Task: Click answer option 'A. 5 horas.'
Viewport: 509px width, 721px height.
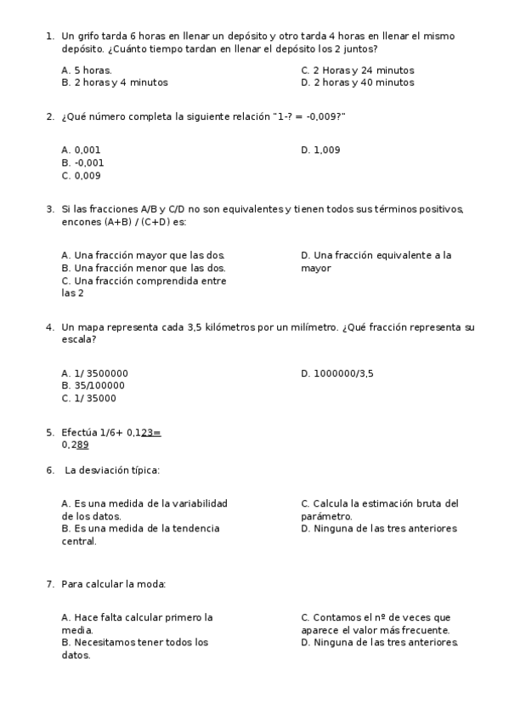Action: coord(87,71)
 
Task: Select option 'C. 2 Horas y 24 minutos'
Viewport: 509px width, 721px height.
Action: coord(358,71)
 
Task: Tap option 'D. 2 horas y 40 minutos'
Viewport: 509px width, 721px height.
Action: coord(358,82)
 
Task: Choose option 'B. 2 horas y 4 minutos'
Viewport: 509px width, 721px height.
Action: coord(115,82)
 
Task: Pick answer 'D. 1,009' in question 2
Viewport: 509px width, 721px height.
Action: coord(320,150)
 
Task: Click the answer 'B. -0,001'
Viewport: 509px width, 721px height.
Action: coord(83,162)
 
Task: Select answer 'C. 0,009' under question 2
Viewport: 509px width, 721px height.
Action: coord(82,176)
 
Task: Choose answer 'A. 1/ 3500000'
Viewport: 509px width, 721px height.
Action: coord(95,372)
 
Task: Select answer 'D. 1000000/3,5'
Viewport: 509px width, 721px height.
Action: coord(337,372)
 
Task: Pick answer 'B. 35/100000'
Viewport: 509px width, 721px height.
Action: coord(93,385)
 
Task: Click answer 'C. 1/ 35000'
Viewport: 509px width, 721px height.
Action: coord(89,398)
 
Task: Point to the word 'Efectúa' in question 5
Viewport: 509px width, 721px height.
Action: coord(80,432)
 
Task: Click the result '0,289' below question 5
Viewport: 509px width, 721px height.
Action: coord(75,445)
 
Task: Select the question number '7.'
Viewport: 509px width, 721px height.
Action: coord(50,584)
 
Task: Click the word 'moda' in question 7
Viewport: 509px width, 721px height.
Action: coord(150,584)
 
